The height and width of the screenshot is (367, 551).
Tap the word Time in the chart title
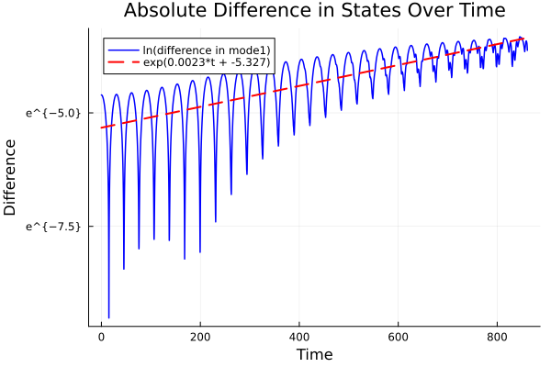tap(472, 11)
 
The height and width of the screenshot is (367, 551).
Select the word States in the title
tap(360, 11)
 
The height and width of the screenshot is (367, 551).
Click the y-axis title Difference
tap(11, 176)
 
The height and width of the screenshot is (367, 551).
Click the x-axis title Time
tap(314, 354)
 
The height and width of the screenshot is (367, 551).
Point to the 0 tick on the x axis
tap(101, 336)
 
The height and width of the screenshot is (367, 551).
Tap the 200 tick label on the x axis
tap(200, 336)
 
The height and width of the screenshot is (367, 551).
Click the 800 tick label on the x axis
tap(497, 336)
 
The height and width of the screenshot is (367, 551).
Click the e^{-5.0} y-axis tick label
tap(53, 113)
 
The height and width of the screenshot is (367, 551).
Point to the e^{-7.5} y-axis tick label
tap(53, 226)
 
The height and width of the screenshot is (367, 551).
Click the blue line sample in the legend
tap(121, 49)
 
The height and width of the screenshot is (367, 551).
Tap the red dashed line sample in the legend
tap(121, 61)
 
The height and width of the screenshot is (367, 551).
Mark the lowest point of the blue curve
tap(108, 317)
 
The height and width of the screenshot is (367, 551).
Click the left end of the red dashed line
tap(101, 128)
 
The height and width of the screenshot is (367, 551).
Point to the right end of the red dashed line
tap(526, 39)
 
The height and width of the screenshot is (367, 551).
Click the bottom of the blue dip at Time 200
tap(199, 251)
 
